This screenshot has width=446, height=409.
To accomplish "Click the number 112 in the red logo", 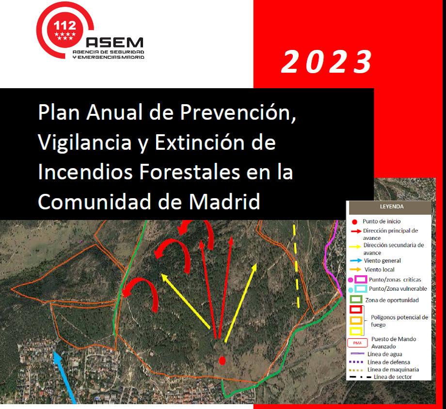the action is [65, 26].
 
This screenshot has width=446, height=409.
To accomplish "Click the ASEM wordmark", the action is [114, 43].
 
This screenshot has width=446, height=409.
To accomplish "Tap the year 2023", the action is [327, 62].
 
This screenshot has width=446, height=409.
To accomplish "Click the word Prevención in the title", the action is [238, 112].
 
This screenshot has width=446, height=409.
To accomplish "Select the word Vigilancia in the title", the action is [85, 142].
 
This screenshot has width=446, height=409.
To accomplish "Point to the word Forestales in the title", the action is [190, 172].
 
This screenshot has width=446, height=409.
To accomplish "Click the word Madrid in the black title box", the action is [224, 202].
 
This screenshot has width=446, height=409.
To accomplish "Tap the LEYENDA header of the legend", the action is [392, 206].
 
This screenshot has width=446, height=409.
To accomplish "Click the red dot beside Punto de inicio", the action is [354, 222].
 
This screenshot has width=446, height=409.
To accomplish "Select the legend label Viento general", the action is [382, 261].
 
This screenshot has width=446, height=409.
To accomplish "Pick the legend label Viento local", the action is [380, 269].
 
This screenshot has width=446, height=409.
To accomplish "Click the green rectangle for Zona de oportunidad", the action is [355, 299].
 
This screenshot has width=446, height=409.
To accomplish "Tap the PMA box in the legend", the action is [357, 343].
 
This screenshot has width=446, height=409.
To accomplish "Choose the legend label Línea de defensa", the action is [388, 362].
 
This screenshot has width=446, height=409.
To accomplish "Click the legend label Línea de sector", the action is [393, 377].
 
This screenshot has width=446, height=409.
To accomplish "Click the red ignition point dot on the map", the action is [222, 361].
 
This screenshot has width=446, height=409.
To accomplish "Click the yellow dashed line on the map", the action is [296, 266].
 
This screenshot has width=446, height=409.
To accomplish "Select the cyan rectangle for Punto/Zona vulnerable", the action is [361, 289].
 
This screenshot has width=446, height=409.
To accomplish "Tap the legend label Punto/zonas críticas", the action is [395, 280].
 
